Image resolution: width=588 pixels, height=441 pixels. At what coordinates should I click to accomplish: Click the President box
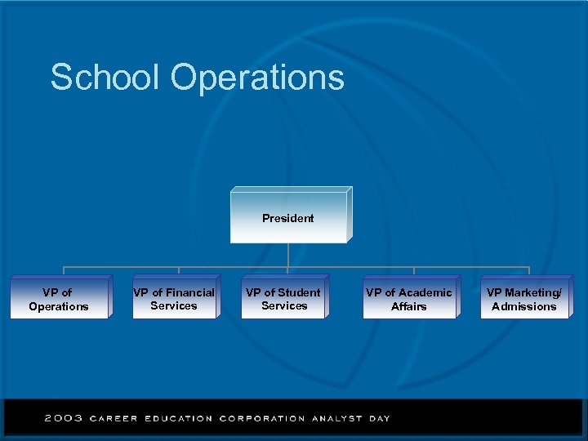tap(288, 218)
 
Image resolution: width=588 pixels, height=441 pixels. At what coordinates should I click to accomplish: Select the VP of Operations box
tap(59, 299)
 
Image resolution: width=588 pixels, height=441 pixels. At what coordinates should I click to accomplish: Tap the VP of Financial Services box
tap(174, 298)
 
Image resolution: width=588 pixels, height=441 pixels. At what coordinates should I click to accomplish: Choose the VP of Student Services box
tap(284, 298)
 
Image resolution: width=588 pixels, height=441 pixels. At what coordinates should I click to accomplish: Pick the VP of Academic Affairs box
tap(408, 299)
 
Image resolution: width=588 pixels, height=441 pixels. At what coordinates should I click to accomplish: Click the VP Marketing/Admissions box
tap(523, 299)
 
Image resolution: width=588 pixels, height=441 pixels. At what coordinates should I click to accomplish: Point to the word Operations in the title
tap(257, 78)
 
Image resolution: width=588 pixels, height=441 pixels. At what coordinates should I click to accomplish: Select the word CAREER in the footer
tap(114, 418)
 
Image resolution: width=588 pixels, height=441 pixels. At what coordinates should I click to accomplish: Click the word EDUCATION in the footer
tap(178, 418)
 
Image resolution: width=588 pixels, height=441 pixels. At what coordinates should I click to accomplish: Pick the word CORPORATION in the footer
tap(262, 418)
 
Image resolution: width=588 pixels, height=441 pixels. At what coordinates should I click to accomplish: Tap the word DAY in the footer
tap(379, 418)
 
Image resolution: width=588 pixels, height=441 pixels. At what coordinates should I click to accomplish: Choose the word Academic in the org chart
tap(425, 292)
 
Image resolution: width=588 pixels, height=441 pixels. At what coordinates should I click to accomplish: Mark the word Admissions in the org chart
tap(523, 306)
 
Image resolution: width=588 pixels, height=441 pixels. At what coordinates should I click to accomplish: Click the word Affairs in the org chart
tap(408, 306)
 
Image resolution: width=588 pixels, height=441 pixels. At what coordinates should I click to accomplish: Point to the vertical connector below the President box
tap(288, 255)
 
